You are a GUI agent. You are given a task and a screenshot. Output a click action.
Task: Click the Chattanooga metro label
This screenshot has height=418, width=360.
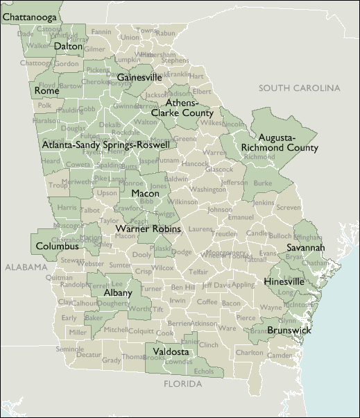pos(30,15)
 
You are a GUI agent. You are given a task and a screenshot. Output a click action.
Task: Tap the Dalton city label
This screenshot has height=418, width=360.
pos(68,47)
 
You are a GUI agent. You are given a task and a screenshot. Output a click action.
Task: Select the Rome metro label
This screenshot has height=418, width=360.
pos(46,91)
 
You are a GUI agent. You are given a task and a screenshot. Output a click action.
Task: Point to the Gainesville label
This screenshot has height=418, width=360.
pos(139,77)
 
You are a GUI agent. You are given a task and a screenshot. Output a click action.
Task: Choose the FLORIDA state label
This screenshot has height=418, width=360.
pos(182,383)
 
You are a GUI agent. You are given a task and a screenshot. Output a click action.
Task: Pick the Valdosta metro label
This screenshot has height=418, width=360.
pos(171,352)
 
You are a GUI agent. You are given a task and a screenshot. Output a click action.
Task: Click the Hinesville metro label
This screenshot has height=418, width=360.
pos(284,282)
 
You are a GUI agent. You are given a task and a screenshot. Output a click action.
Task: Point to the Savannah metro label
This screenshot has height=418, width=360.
pos(306,247)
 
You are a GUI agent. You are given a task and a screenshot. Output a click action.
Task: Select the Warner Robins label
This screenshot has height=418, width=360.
pos(148,228)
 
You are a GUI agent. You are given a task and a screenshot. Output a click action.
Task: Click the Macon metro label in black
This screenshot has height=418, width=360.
pos(145,193)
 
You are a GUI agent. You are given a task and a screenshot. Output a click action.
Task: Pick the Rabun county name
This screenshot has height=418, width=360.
pos(165,33)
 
